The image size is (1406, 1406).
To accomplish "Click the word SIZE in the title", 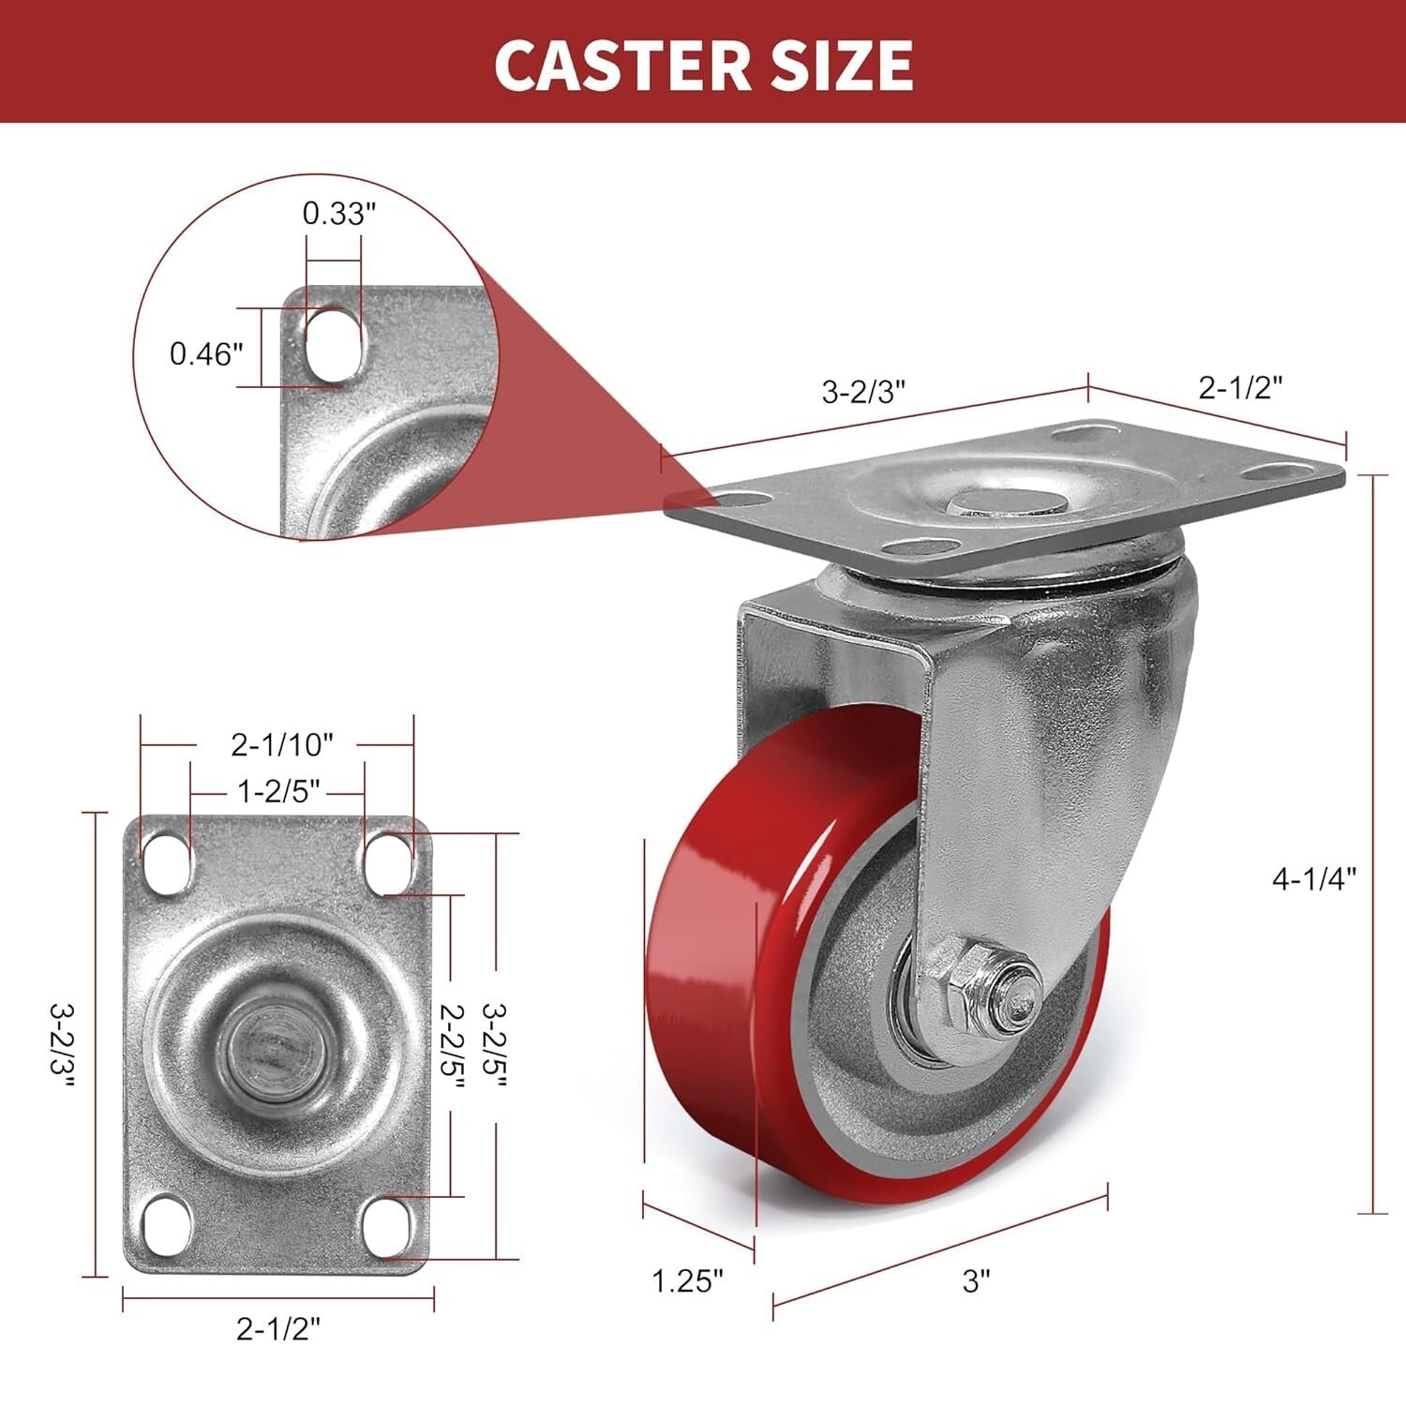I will pos(835,65).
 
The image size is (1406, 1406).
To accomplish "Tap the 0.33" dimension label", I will pos(338,214).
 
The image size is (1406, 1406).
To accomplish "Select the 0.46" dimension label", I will pos(206,354).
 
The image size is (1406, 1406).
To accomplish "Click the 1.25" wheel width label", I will pos(688,1280).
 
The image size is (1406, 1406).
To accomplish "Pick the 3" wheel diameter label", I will pos(976,1281).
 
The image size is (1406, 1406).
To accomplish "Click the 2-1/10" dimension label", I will pos(282,744).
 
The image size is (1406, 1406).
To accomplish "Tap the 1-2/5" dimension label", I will pos(278,792).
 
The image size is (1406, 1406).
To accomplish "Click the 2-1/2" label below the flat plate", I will pos(278,1328).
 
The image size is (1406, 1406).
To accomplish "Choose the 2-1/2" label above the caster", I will pos(1240,387).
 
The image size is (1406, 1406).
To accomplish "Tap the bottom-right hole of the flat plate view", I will pos(388,1223).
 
